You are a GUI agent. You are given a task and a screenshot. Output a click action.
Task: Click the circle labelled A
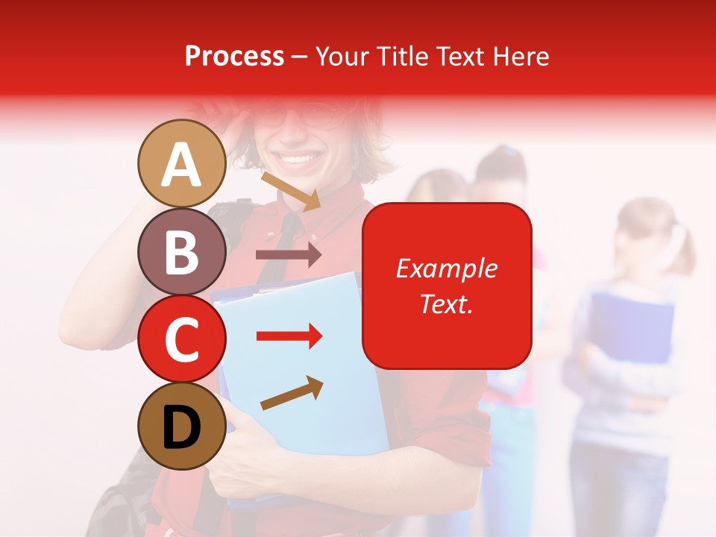pos(181,163)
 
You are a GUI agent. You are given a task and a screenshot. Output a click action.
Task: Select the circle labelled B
pos(181,251)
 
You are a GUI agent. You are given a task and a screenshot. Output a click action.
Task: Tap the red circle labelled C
pos(181,339)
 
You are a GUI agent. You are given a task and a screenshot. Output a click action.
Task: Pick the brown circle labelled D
pos(181,427)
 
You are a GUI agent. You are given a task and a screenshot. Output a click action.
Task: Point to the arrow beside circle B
pos(289,255)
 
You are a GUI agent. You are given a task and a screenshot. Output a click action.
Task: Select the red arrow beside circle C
pos(289,336)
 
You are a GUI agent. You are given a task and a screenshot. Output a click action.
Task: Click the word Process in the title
pos(234,56)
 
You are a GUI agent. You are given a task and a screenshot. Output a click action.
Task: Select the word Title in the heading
pos(403,56)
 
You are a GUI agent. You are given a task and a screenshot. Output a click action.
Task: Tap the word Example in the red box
pos(447,268)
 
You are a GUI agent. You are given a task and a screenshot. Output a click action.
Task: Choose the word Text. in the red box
pos(447,304)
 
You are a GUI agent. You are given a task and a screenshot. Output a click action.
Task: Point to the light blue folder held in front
pos(313,358)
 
